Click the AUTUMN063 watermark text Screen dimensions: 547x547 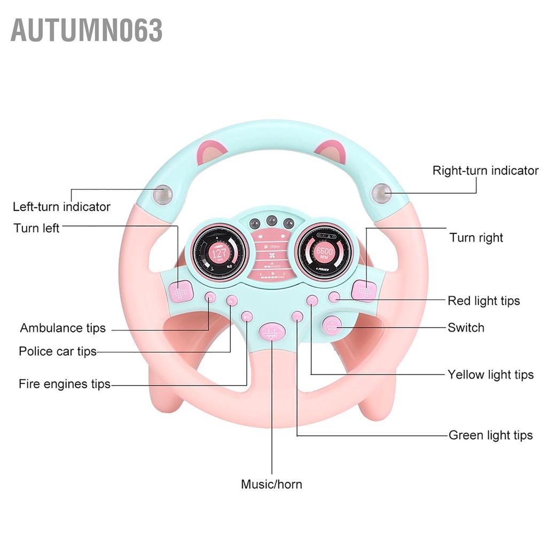[86, 30]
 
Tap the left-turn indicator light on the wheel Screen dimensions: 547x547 [162, 196]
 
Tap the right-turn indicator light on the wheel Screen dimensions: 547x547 [381, 193]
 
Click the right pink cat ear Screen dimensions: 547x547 [331, 150]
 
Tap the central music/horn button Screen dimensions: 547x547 [272, 332]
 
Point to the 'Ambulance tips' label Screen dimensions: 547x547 [62, 327]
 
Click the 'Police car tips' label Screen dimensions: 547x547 [57, 351]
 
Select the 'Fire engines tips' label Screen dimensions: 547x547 [64, 384]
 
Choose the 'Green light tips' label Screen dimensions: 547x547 [490, 435]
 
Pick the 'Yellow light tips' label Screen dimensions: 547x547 [490, 374]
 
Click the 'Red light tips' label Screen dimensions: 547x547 [483, 301]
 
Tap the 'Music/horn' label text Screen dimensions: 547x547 [271, 485]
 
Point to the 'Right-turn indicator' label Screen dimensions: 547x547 [485, 170]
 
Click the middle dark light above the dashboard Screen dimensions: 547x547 [272, 220]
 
